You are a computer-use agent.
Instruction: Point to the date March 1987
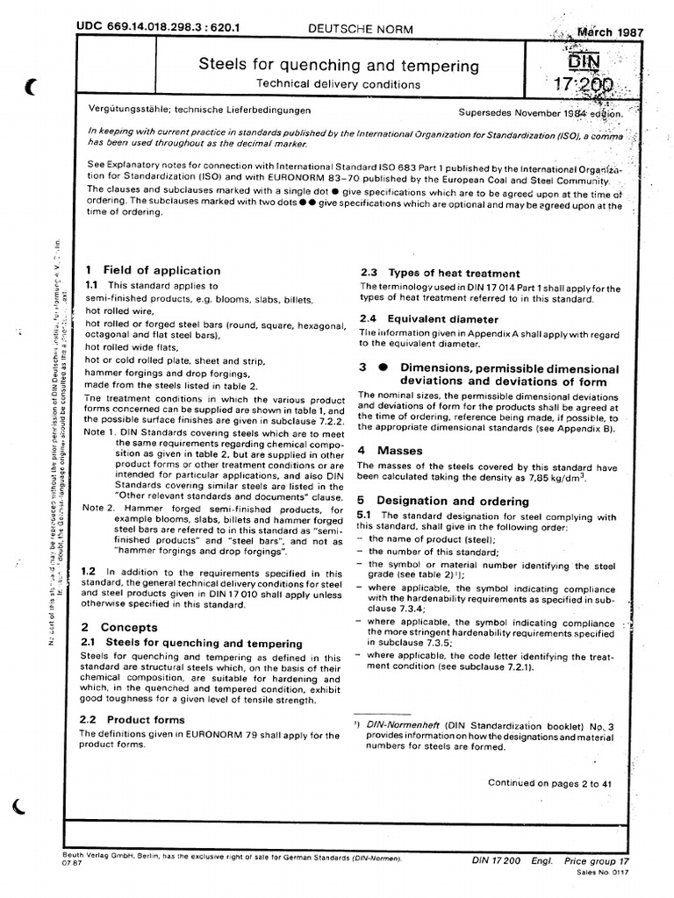(x=610, y=32)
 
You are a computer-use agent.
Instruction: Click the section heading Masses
(x=400, y=450)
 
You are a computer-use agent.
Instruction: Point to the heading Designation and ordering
(x=452, y=501)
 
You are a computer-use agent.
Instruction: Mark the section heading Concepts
(x=129, y=627)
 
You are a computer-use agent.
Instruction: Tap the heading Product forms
(x=146, y=719)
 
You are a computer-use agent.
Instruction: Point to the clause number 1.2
(x=89, y=570)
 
